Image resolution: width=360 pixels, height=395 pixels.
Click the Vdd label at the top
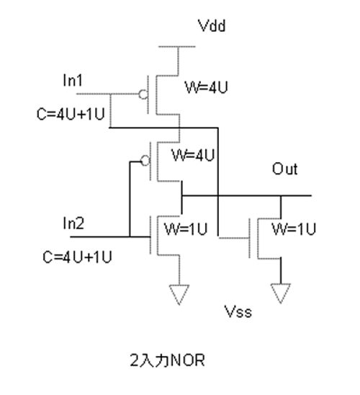pos(212,26)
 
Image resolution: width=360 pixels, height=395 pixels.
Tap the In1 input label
pos(73,80)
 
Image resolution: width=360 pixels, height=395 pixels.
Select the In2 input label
pos(73,223)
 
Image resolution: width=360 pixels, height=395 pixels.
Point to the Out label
pos(285,169)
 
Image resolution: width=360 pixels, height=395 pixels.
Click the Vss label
pos(238,311)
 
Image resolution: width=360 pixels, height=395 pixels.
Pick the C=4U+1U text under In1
pos(71,114)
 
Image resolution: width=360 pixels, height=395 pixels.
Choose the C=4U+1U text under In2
pos(77,257)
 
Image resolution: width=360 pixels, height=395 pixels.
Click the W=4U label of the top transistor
pos(207,87)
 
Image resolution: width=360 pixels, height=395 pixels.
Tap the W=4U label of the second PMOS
pos(193,155)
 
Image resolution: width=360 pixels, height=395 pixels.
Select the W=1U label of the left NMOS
pos(186,229)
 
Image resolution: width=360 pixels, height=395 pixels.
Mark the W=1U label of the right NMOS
pos(294,229)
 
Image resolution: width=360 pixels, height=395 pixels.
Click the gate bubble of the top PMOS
pos(143,94)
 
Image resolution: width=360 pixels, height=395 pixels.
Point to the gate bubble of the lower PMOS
pos(145,161)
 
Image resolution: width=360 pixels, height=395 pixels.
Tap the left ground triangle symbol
pos(179,294)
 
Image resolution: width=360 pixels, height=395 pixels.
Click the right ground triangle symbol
pos(281,293)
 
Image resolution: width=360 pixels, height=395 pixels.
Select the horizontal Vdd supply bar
pos(177,47)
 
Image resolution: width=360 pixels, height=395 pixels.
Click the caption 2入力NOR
pos(167,360)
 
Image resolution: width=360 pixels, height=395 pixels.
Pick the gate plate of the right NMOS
pos(250,238)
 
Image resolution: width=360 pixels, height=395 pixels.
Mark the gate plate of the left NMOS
pos(150,235)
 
